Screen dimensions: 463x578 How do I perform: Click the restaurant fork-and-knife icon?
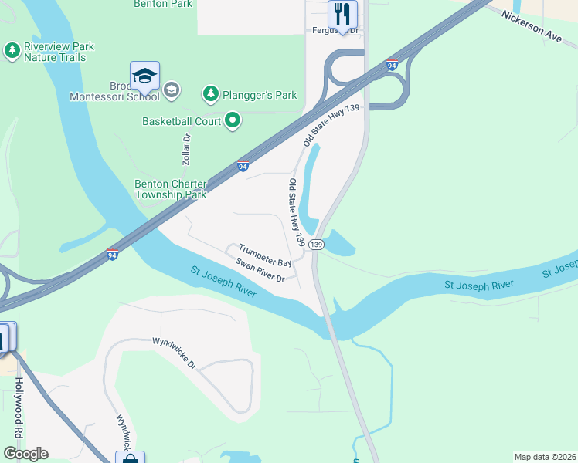[342, 14]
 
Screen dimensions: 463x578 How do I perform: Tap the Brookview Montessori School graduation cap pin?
[144, 76]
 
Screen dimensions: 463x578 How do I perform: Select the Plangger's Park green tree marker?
[210, 94]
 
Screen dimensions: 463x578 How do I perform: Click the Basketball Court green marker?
[233, 120]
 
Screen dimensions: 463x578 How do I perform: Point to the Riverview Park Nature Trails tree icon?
[12, 52]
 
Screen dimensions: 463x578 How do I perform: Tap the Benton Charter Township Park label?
[171, 189]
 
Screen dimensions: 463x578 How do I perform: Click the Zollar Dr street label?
[186, 147]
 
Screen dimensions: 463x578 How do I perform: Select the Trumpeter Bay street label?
[264, 255]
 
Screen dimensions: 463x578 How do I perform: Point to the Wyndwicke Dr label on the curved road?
[173, 353]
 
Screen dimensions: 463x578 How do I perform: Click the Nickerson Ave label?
[531, 26]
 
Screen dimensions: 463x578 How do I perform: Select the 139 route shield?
[315, 244]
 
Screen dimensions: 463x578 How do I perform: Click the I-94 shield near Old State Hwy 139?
[243, 166]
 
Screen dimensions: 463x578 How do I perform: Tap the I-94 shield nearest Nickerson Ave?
[393, 66]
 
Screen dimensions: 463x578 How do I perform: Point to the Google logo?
[25, 454]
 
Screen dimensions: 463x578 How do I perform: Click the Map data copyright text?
[544, 456]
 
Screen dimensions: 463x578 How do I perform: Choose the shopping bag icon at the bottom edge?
[130, 458]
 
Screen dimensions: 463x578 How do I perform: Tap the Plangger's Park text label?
[260, 95]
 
